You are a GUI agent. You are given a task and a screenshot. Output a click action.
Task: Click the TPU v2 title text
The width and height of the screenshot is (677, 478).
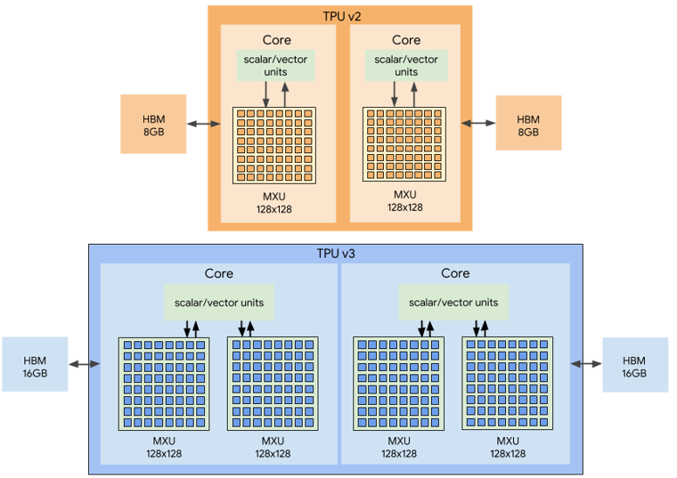click(340, 16)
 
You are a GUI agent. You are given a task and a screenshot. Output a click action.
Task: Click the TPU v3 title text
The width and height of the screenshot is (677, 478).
click(335, 253)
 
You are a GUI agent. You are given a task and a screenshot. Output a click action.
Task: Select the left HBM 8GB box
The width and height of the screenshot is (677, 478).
click(154, 125)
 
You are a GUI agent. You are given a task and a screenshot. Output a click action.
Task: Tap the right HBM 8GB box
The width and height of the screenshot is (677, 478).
click(528, 124)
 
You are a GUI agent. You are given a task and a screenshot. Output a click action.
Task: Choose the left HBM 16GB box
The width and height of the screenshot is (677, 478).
click(35, 364)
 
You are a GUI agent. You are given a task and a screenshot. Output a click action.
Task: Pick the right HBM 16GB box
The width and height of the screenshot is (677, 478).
click(635, 364)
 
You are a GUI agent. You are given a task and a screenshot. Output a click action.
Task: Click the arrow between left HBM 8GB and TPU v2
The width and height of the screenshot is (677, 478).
click(204, 125)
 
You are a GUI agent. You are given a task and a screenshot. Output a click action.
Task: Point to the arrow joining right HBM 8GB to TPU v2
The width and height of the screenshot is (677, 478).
click(477, 124)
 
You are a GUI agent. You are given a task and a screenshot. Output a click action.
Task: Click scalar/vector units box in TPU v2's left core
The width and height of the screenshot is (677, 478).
click(275, 65)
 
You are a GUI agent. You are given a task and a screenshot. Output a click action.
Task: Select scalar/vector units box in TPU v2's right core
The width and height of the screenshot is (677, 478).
click(405, 65)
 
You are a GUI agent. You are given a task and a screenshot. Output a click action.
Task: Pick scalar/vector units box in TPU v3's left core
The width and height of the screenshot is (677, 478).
click(219, 303)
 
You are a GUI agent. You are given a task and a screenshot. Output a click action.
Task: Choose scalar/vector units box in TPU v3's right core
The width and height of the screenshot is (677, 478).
click(453, 303)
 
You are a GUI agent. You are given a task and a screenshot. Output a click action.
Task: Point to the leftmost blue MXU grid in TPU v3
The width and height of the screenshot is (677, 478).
click(164, 384)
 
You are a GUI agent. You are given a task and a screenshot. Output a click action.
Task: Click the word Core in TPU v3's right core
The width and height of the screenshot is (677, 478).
click(455, 273)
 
